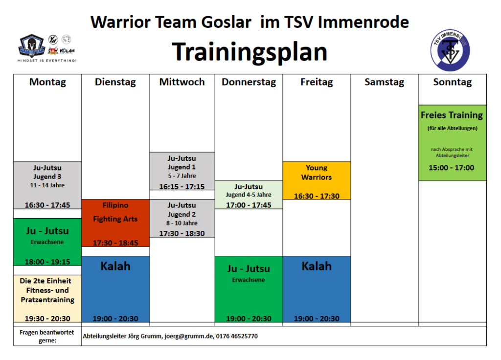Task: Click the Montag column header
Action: pyautogui.click(x=47, y=82)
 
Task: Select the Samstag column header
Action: pyautogui.click(x=385, y=82)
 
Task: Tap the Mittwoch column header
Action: pyautogui.click(x=182, y=82)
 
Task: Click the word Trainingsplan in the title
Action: pyautogui.click(x=250, y=52)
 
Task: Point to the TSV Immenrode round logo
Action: pyautogui.click(x=450, y=50)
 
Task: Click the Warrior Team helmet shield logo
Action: pyautogui.click(x=31, y=45)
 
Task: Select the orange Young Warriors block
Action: pyautogui.click(x=317, y=180)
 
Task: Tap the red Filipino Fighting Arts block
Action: pyautogui.click(x=115, y=223)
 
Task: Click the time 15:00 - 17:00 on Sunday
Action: pyautogui.click(x=451, y=168)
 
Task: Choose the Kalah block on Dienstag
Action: pyautogui.click(x=115, y=289)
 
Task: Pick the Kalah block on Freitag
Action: pyautogui.click(x=317, y=289)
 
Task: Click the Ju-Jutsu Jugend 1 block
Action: pyautogui.click(x=182, y=171)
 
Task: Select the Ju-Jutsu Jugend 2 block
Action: pyautogui.click(x=182, y=219)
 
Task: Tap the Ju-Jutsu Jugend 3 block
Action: pyautogui.click(x=47, y=185)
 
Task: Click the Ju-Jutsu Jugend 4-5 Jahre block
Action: pyautogui.click(x=249, y=195)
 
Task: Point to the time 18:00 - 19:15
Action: pyautogui.click(x=47, y=262)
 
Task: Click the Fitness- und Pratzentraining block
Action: pyautogui.click(x=47, y=299)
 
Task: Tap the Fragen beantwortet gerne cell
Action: pyautogui.click(x=47, y=336)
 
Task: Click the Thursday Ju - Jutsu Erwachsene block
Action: pyautogui.click(x=249, y=289)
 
